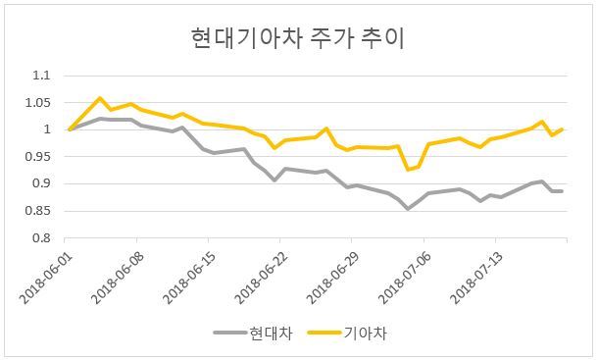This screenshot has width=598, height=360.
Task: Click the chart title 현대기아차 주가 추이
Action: tap(297, 38)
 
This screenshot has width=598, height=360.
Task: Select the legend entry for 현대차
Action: tap(253, 333)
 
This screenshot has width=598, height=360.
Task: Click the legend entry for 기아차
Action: tap(347, 333)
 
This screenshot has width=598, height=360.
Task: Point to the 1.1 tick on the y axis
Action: tap(41, 76)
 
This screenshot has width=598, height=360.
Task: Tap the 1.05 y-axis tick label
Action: tap(38, 103)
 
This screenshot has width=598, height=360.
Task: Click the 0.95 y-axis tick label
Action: tap(38, 157)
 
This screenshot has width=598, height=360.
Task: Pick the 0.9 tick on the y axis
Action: tap(41, 183)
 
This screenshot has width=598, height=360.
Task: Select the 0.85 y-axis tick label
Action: tap(38, 211)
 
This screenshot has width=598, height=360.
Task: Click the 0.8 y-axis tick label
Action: tap(41, 237)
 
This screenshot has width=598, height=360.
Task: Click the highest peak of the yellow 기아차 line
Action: tap(100, 98)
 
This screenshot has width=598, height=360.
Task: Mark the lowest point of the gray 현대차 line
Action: tap(408, 209)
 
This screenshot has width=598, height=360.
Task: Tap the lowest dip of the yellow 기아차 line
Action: tap(408, 170)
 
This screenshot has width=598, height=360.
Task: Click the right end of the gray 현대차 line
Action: tap(562, 191)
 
